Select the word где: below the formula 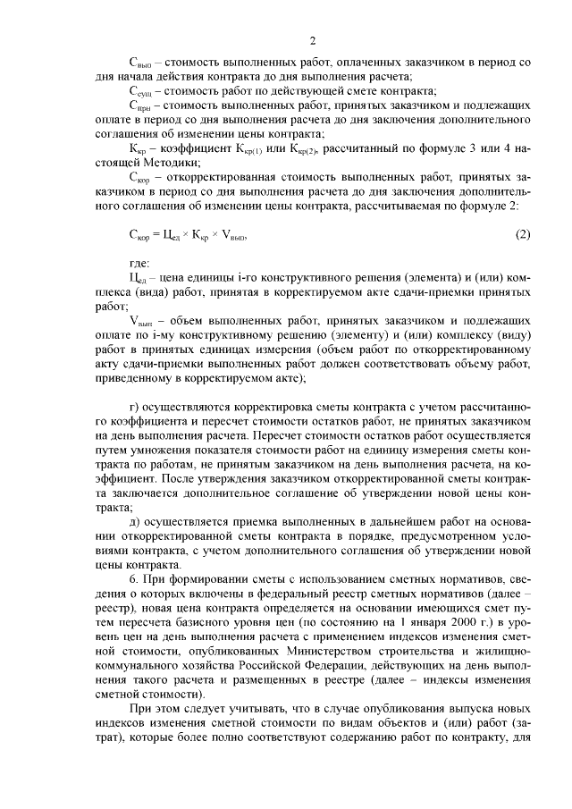tap(140, 263)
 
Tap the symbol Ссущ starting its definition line tap(141, 92)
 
